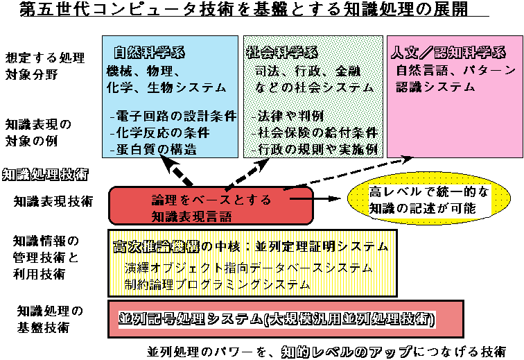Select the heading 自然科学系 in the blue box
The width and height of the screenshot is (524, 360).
(151, 53)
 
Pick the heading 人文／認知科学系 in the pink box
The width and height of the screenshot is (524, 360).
(447, 53)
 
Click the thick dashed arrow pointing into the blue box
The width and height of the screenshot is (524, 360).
(177, 172)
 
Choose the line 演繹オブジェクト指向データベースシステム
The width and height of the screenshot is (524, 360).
(248, 268)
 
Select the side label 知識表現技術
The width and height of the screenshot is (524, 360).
(50, 203)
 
